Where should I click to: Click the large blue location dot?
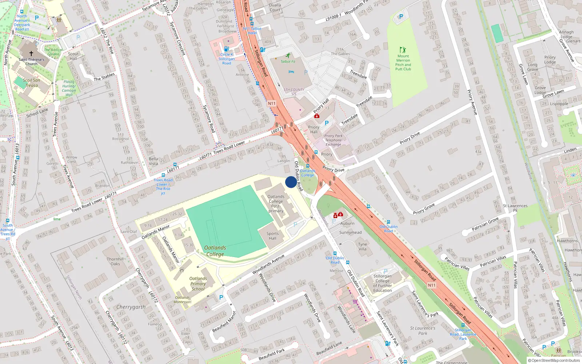pyautogui.click(x=291, y=182)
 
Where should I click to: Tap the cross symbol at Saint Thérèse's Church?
pyautogui.click(x=31, y=53)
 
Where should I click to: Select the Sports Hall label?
pyautogui.click(x=272, y=236)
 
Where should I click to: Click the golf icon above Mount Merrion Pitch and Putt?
pyautogui.click(x=403, y=50)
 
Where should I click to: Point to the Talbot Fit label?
pyautogui.click(x=288, y=62)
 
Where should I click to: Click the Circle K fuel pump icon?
pyautogui.click(x=226, y=49)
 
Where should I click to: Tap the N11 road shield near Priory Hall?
pyautogui.click(x=272, y=103)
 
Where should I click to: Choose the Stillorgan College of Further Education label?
pyautogui.click(x=382, y=283)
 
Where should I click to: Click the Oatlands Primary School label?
pyautogui.click(x=198, y=284)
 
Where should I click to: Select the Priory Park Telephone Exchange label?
pyautogui.click(x=334, y=140)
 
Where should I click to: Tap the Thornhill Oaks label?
pyautogui.click(x=115, y=261)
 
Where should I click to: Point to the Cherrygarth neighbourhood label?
pyautogui.click(x=131, y=307)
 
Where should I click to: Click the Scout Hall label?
pyautogui.click(x=73, y=56)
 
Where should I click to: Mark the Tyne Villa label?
pyautogui.click(x=362, y=247)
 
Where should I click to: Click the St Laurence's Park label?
pyautogui.click(x=422, y=331)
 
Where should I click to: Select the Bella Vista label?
pyautogui.click(x=153, y=161)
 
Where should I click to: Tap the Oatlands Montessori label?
pyautogui.click(x=183, y=300)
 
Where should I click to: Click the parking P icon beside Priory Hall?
pyautogui.click(x=327, y=123)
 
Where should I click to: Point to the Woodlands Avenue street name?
pyautogui.click(x=268, y=264)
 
